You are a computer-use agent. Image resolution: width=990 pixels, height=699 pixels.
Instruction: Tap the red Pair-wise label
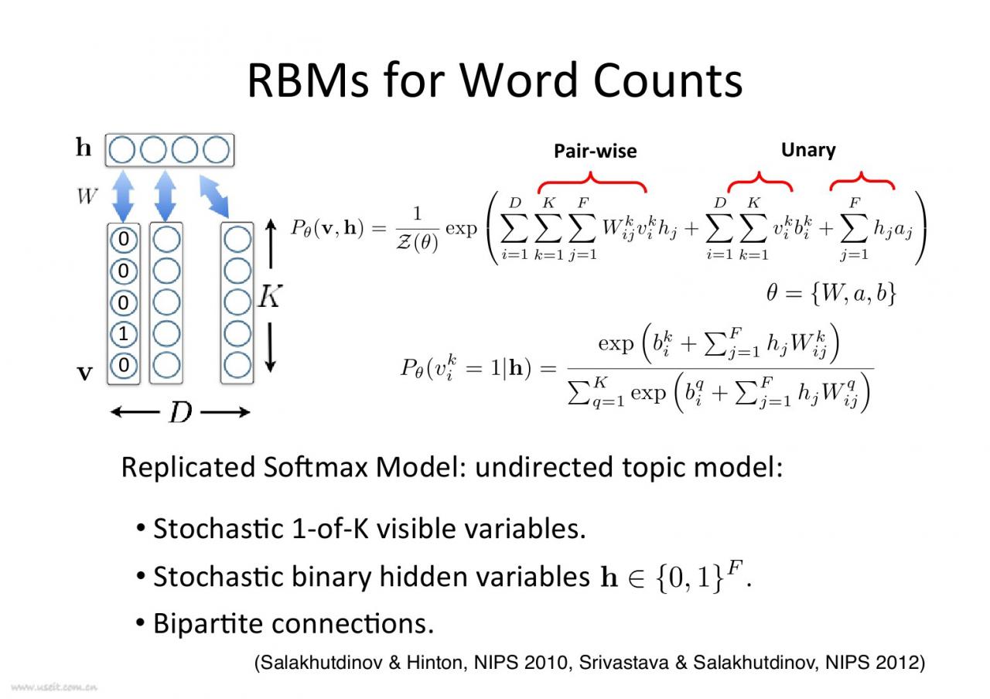pyautogui.click(x=595, y=151)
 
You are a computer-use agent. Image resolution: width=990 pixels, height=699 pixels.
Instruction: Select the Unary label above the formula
pyautogui.click(x=808, y=149)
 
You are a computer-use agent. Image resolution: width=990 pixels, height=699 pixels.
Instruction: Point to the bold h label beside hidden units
pyautogui.click(x=84, y=148)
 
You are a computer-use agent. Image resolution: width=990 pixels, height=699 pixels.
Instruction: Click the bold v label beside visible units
pyautogui.click(x=84, y=373)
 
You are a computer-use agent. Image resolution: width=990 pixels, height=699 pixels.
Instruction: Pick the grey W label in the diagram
pyautogui.click(x=87, y=196)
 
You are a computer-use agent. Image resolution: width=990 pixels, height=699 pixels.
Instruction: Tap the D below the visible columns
pyautogui.click(x=180, y=413)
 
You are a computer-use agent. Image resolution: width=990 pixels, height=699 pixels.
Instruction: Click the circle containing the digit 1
pyautogui.click(x=124, y=334)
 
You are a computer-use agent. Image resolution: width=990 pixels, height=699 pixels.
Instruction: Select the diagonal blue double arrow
pyautogui.click(x=214, y=196)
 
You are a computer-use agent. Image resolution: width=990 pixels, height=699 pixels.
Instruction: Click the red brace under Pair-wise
pyautogui.click(x=592, y=183)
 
